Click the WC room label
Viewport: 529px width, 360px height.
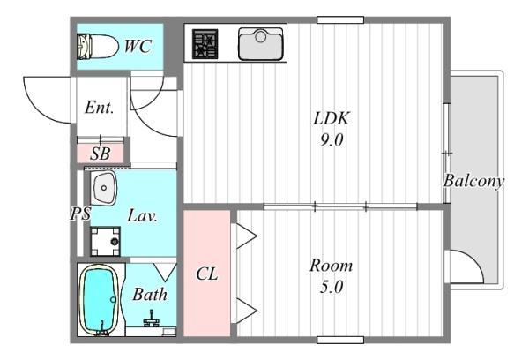(x=138, y=46)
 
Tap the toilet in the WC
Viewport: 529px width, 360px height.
(x=98, y=46)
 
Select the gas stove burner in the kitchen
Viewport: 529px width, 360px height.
(x=205, y=43)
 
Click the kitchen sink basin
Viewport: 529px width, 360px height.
(x=260, y=44)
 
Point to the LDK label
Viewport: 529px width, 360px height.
(x=332, y=118)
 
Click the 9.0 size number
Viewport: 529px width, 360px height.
(x=332, y=139)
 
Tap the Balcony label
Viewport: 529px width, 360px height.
(x=473, y=182)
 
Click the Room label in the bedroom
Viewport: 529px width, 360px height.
(x=332, y=266)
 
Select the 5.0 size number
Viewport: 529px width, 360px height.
(x=332, y=287)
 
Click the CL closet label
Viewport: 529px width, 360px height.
(x=207, y=274)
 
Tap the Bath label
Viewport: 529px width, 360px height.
(x=150, y=295)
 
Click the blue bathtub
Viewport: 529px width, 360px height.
(x=99, y=299)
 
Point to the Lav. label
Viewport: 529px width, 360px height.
(x=142, y=216)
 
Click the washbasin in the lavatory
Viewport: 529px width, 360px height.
(x=103, y=188)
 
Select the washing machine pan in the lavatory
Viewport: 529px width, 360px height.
(x=105, y=241)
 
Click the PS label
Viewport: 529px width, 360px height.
(x=80, y=214)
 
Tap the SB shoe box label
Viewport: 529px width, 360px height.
(x=101, y=154)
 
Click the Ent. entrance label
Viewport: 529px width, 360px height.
(x=99, y=108)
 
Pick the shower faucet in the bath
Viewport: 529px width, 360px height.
(x=152, y=319)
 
